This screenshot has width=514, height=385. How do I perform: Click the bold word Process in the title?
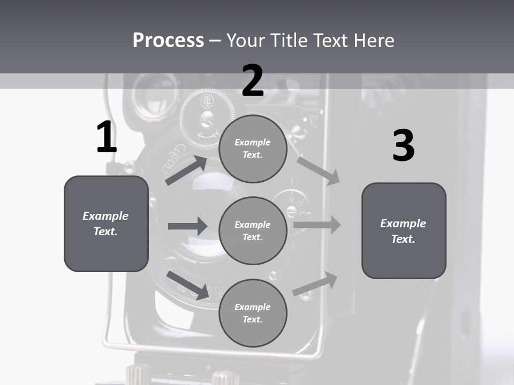point(168,40)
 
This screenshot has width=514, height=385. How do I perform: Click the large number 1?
point(107,137)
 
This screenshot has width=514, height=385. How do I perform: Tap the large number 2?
point(253,81)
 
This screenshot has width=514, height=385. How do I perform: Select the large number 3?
point(403,146)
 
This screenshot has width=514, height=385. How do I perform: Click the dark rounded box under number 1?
point(106,224)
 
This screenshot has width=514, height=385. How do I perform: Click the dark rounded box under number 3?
point(404,231)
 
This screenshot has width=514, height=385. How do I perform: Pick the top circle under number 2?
point(253,149)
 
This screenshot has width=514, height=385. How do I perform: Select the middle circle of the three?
point(253,230)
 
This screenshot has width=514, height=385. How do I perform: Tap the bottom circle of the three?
point(253,313)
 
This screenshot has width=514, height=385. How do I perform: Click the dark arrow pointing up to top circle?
point(186,171)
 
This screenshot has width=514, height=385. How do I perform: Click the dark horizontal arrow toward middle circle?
point(187,226)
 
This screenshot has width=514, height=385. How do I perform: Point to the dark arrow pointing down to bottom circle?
point(188,284)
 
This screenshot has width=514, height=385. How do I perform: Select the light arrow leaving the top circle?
point(318,171)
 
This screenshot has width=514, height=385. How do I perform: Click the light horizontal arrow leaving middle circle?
point(317,225)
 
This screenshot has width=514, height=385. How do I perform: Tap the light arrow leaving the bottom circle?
point(315,284)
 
